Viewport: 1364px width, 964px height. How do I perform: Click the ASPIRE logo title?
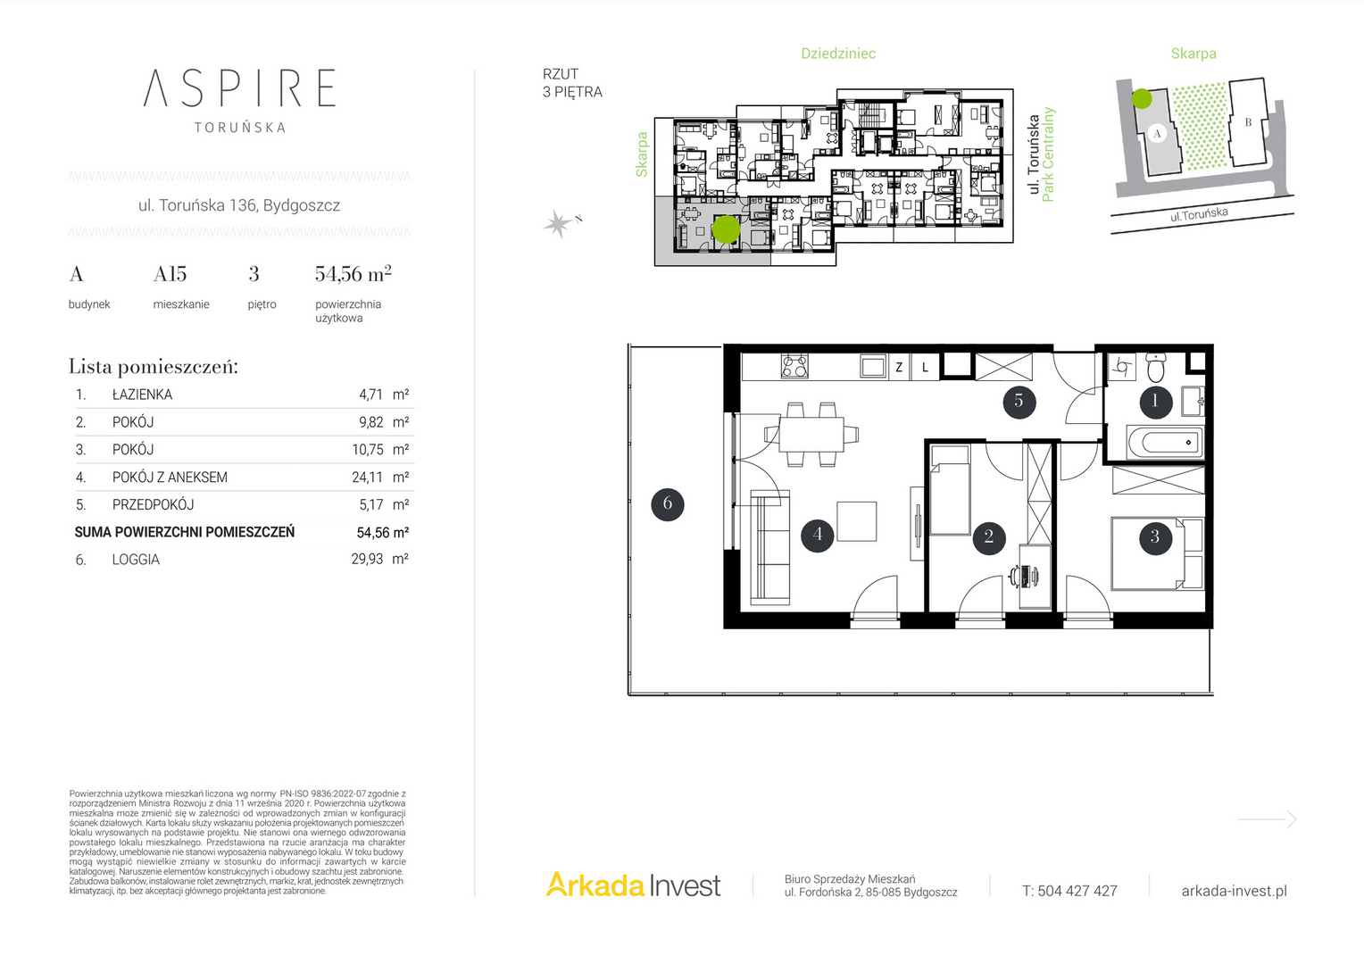[239, 87]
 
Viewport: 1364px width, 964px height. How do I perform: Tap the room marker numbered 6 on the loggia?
[668, 504]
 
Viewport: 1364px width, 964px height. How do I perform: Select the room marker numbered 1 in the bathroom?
[1156, 402]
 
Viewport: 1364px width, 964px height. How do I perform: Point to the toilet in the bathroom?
[1155, 367]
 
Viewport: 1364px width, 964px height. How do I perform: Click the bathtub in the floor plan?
[1165, 442]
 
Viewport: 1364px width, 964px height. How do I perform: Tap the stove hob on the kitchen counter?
[794, 367]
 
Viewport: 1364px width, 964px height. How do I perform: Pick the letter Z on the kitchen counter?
[899, 367]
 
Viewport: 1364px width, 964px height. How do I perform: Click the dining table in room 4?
[811, 434]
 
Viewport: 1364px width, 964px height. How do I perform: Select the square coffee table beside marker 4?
[857, 521]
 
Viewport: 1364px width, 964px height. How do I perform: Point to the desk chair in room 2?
[1015, 576]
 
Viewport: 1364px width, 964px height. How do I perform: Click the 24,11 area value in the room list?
[368, 478]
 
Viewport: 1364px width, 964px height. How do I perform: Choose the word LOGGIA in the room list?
[136, 560]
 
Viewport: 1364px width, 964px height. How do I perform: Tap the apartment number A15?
[170, 275]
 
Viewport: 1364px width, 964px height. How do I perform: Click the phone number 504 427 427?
[1077, 891]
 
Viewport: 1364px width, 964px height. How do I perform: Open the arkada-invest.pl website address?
[1235, 891]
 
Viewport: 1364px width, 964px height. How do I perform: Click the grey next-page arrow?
[1268, 819]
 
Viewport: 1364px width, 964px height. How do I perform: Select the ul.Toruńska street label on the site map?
[1198, 214]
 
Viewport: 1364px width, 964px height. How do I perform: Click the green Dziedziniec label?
[838, 54]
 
